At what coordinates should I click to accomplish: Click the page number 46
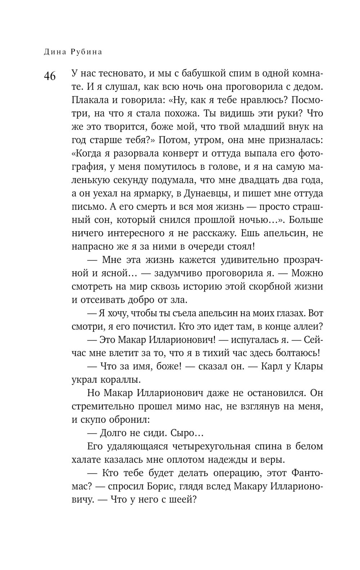(50, 77)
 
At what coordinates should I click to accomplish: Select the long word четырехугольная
(208, 446)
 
